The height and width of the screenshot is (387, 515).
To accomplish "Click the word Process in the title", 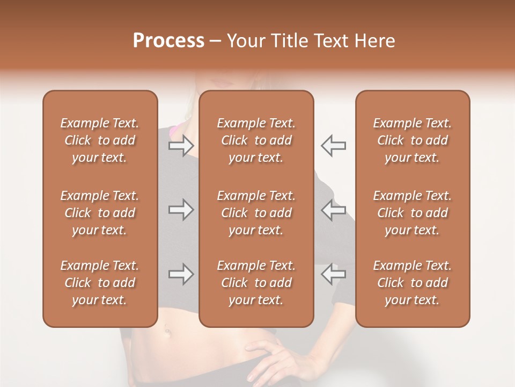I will click(x=168, y=41).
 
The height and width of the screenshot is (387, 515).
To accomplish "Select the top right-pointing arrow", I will click(x=181, y=146).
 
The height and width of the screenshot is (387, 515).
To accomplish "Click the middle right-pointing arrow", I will click(x=181, y=210).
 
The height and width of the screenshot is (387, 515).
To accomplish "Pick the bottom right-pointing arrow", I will click(x=181, y=275).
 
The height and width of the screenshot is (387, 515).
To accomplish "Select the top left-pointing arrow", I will click(x=333, y=146).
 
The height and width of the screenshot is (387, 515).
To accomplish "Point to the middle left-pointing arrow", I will click(x=333, y=210).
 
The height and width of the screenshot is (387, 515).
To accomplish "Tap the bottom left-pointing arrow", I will click(x=333, y=275).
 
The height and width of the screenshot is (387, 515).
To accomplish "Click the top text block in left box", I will click(x=100, y=140).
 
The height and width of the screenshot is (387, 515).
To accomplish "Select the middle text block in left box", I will click(x=100, y=213).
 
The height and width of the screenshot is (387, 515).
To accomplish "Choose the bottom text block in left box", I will click(x=100, y=283).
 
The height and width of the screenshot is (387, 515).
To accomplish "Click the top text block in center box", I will click(x=256, y=140).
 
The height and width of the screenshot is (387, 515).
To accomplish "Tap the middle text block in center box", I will click(x=256, y=213).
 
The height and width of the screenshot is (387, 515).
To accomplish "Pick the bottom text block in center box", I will click(x=256, y=283).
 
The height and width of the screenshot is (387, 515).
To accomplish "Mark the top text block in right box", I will click(x=412, y=140).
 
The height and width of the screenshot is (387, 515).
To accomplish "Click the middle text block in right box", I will click(x=412, y=213).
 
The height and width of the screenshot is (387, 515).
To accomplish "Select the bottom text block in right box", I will click(x=412, y=283).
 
